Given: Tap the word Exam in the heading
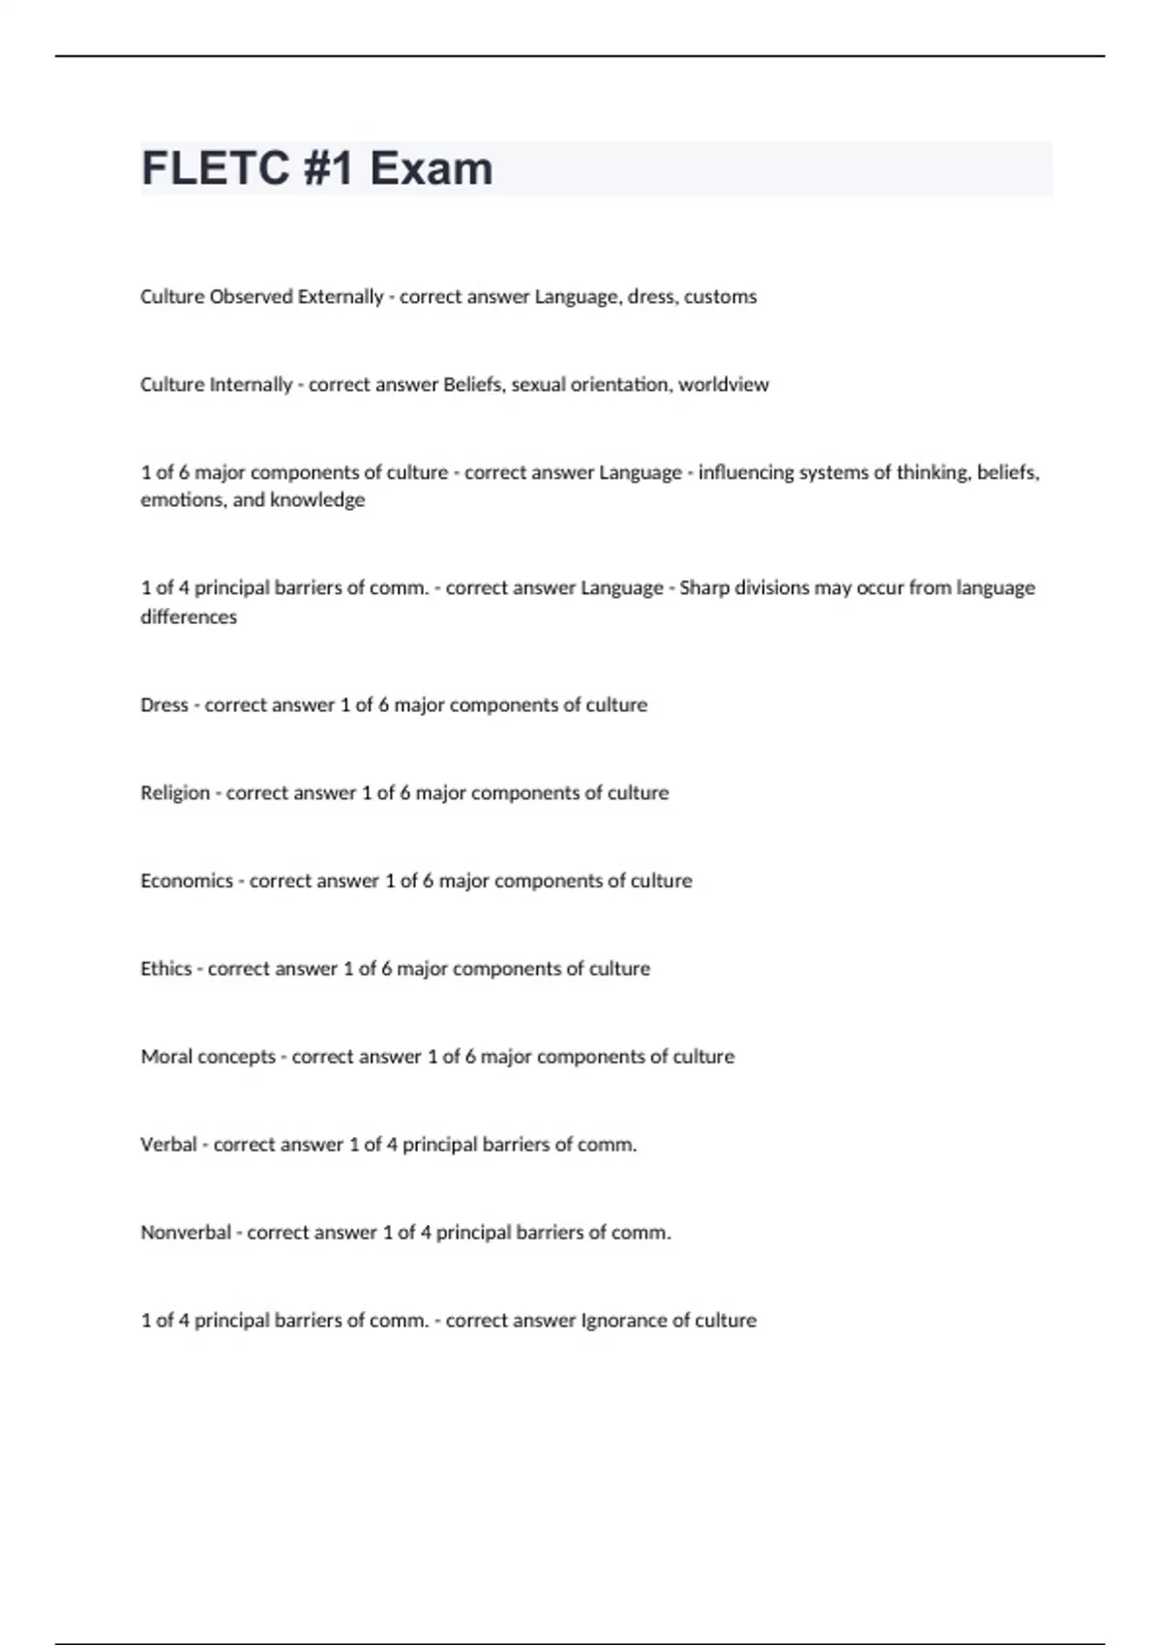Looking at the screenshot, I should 431,168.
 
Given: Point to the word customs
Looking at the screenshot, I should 720,297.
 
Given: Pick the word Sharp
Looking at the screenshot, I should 704,588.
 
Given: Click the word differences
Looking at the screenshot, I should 189,617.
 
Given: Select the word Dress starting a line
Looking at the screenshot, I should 164,705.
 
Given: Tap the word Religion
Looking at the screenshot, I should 175,793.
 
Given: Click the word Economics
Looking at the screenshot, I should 187,882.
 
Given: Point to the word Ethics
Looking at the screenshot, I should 166,970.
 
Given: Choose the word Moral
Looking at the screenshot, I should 166,1058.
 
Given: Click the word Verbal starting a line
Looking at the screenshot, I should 168,1146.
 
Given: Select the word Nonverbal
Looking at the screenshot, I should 186,1234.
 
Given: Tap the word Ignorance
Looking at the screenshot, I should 623,1322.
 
